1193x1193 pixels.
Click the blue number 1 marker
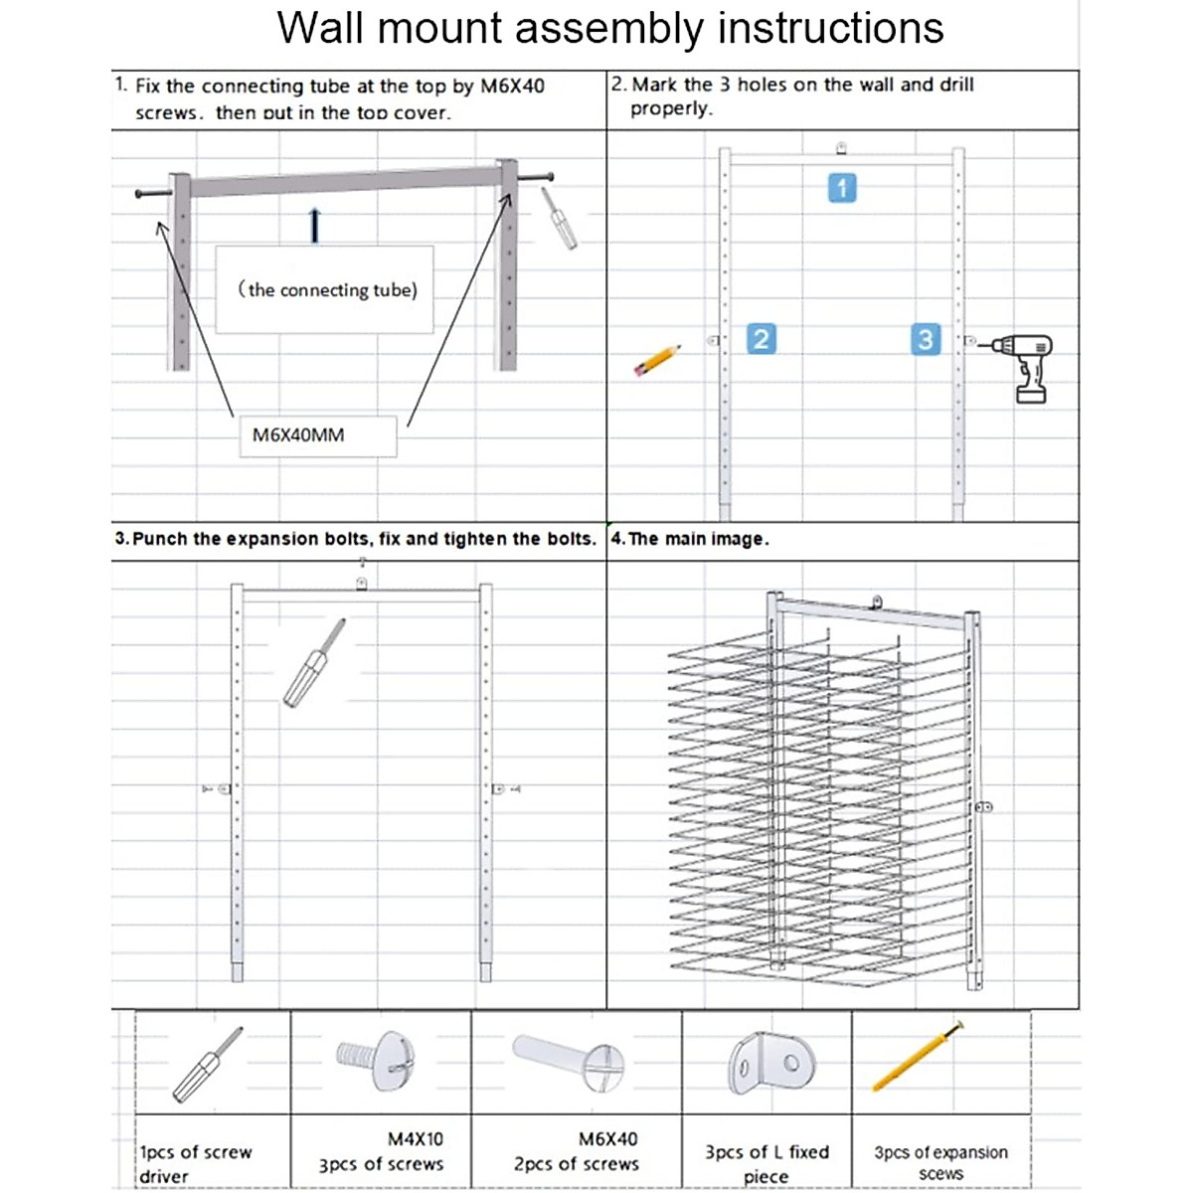(842, 188)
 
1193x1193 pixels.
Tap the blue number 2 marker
(761, 339)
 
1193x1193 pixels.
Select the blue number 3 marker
(925, 339)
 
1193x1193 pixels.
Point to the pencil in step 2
(657, 360)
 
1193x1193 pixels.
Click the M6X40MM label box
(317, 435)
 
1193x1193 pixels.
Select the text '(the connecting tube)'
(326, 290)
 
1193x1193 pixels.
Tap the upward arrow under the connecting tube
(315, 226)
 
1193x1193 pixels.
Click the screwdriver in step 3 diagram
(314, 663)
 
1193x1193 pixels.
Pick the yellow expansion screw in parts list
(917, 1057)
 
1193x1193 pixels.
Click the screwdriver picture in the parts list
(207, 1066)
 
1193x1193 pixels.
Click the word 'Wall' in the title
(320, 28)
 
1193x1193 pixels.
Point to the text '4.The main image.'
(690, 539)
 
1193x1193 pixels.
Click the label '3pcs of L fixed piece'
(767, 1163)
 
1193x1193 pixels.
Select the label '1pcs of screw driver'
(196, 1163)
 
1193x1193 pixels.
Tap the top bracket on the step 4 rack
(876, 602)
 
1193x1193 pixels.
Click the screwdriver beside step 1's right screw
(560, 218)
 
